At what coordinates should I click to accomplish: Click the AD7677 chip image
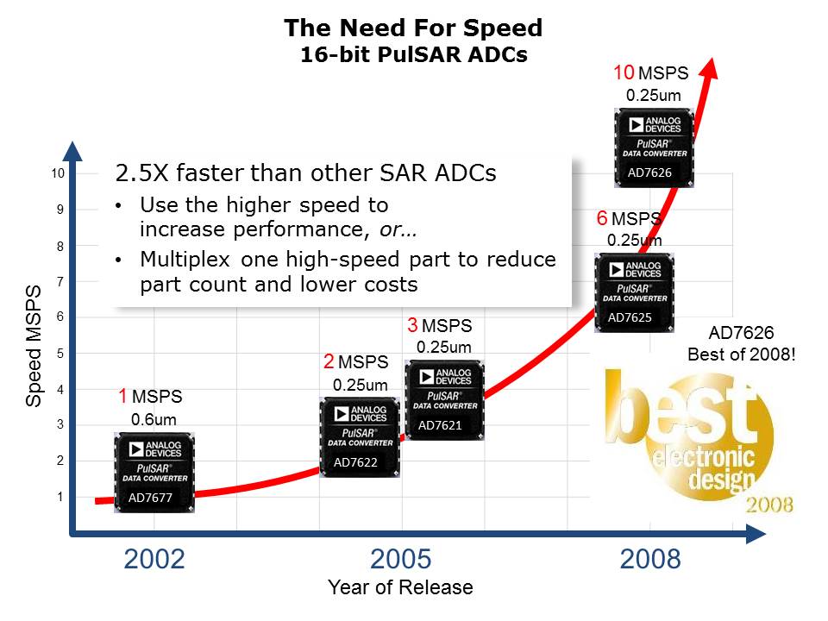pyautogui.click(x=154, y=473)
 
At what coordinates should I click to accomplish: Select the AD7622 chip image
pyautogui.click(x=360, y=437)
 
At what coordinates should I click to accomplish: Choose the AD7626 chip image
pyautogui.click(x=653, y=147)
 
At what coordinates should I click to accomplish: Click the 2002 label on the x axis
pyautogui.click(x=154, y=559)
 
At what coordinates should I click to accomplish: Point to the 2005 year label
pyautogui.click(x=400, y=559)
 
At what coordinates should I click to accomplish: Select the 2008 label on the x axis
pyautogui.click(x=650, y=559)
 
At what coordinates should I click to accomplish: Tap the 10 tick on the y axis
pyautogui.click(x=59, y=174)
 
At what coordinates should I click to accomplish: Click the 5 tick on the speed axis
pyautogui.click(x=60, y=354)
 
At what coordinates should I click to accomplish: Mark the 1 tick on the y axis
pyautogui.click(x=60, y=497)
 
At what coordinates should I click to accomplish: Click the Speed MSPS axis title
pyautogui.click(x=34, y=345)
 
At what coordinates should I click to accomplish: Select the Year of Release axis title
pyautogui.click(x=400, y=588)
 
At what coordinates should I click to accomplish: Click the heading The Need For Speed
pyautogui.click(x=413, y=28)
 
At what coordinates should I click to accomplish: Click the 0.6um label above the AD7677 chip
pyautogui.click(x=154, y=420)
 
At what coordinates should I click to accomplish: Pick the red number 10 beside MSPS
pyautogui.click(x=623, y=73)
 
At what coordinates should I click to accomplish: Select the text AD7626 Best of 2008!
pyautogui.click(x=741, y=343)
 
